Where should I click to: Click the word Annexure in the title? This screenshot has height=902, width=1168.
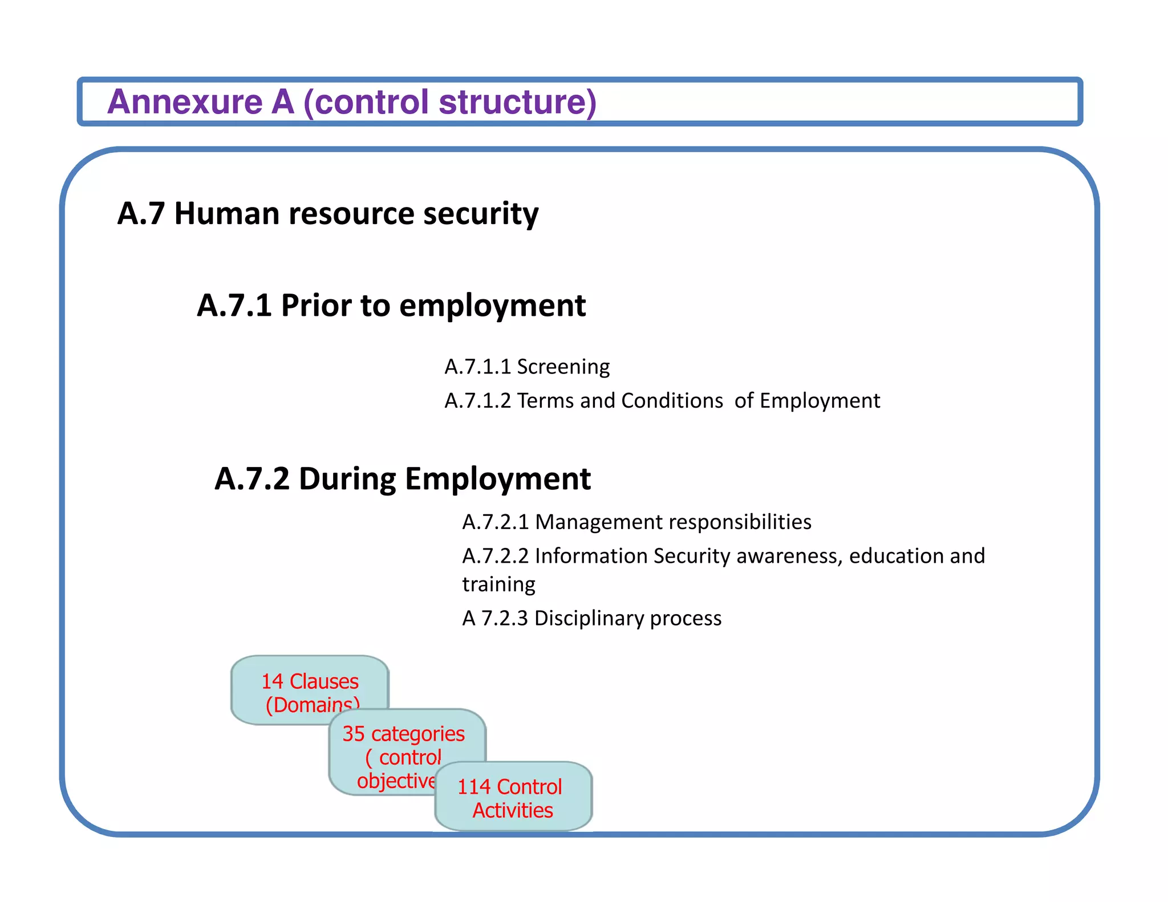[185, 102]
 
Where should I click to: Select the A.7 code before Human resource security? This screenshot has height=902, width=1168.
[141, 214]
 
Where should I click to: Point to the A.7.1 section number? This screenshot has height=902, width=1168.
[234, 306]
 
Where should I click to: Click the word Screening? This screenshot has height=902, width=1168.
[563, 367]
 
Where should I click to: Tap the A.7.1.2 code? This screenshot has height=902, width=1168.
[478, 401]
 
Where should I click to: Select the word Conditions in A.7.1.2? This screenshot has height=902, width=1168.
[672, 401]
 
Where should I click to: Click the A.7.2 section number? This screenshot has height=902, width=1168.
[252, 479]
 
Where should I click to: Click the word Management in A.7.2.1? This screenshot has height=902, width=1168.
[598, 522]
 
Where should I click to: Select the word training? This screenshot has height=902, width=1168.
[498, 585]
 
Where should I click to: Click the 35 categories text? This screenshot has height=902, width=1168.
[403, 734]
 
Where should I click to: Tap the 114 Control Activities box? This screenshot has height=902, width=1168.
[513, 798]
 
